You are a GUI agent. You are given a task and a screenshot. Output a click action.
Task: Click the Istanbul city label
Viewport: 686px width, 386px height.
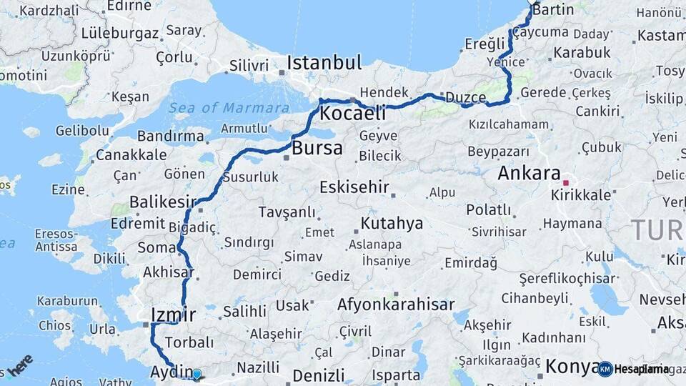[x=324, y=63]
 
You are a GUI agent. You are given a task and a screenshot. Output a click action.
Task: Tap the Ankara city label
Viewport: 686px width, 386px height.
[x=529, y=173]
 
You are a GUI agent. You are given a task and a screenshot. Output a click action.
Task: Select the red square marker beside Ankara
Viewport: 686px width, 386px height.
[x=566, y=182]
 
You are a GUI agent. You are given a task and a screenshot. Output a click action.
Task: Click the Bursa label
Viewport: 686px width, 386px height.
[x=317, y=149]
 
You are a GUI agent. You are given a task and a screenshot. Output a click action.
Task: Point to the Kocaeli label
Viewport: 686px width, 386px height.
[x=352, y=113]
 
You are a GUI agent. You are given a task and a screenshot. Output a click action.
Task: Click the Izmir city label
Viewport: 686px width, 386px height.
[x=174, y=314]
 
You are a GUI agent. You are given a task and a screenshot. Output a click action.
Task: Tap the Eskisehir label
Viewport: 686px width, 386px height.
[x=354, y=187]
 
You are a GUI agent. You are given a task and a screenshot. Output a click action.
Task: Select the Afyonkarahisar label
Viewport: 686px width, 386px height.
[x=396, y=305]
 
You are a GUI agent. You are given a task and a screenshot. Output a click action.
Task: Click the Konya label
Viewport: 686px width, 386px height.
[x=572, y=367]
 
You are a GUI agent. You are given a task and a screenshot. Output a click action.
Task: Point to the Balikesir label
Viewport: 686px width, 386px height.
[x=162, y=202]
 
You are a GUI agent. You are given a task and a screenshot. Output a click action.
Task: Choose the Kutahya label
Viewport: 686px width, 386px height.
[x=392, y=224]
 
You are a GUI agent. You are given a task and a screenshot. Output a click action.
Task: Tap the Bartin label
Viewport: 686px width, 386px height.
[x=554, y=10]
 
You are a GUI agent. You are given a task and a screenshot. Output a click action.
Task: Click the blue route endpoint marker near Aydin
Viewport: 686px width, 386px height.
[x=197, y=374]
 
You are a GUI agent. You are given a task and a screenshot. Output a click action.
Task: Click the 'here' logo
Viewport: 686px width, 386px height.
[x=21, y=364]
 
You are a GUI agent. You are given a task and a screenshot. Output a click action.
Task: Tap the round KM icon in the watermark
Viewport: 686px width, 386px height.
[x=605, y=369]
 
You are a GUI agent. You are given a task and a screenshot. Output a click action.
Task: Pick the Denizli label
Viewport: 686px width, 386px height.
[x=318, y=375]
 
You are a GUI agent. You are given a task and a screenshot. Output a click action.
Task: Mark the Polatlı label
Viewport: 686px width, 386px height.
[x=489, y=210]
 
